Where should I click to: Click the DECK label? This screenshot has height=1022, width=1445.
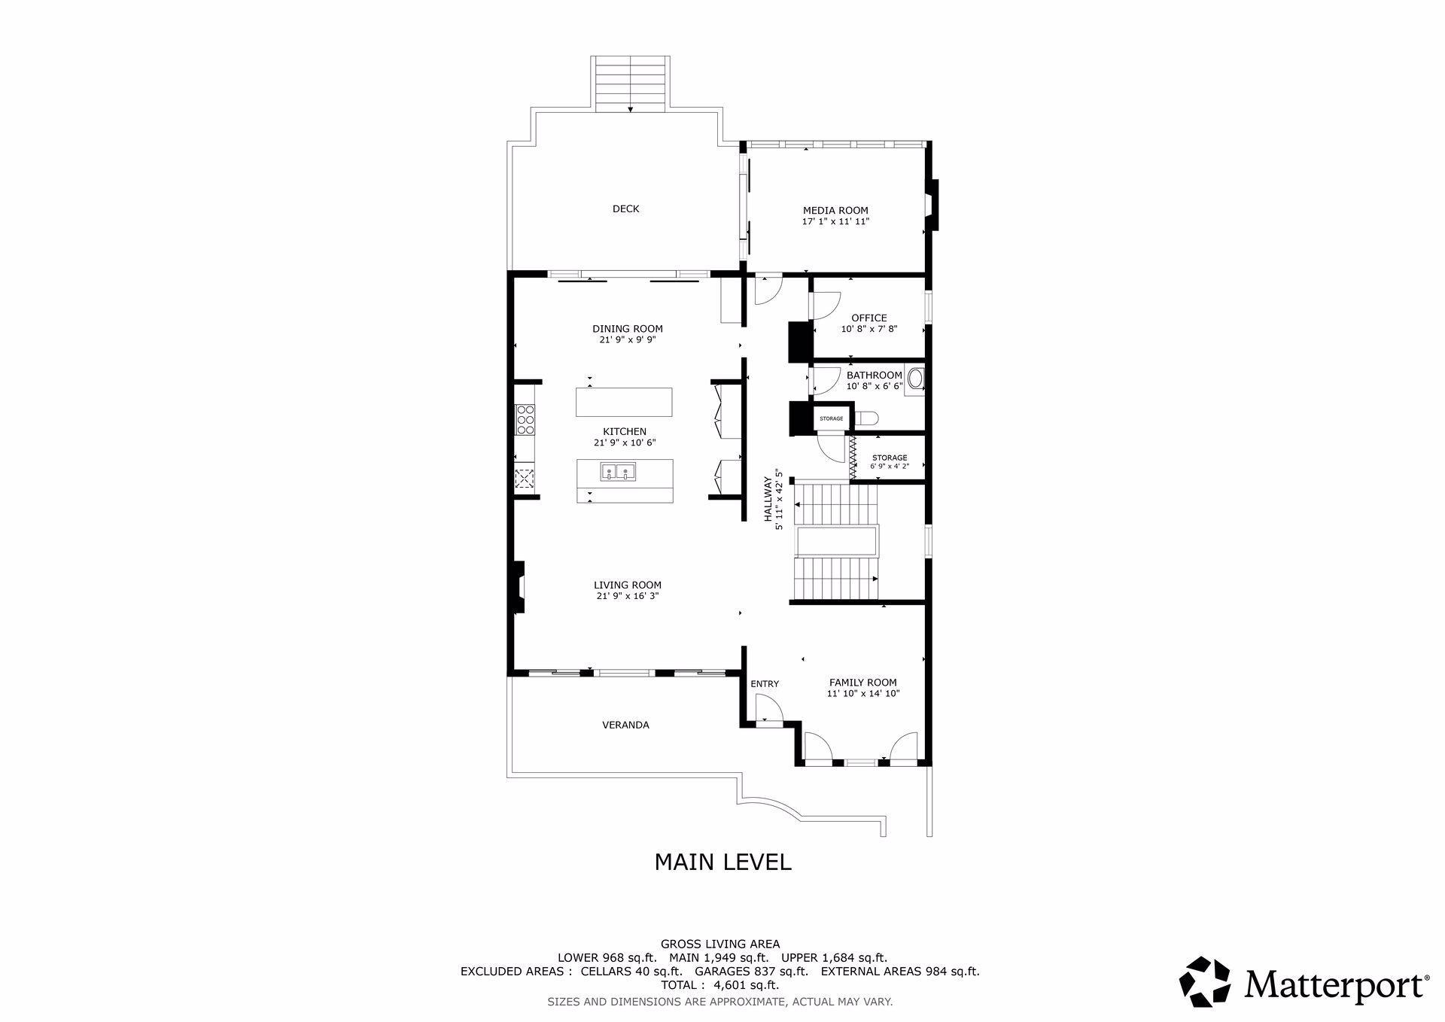pos(625,209)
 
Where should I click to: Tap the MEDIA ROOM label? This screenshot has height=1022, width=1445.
pos(835,211)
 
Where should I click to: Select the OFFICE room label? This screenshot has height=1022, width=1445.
pos(869,318)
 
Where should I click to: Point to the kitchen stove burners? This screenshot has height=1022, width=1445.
pos(525,419)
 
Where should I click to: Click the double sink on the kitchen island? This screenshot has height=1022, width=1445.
pos(618,472)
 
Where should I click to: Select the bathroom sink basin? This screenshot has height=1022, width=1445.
pos(915,379)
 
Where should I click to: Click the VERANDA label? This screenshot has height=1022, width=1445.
pos(625,725)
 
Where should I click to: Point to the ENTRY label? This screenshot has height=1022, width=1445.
pos(765,684)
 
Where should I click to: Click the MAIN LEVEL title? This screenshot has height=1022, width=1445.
pos(722,862)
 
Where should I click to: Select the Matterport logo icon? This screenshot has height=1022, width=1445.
pos(1204,982)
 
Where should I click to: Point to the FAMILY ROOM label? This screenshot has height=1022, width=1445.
pos(863,683)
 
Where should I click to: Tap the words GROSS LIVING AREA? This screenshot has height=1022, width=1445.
pos(720,944)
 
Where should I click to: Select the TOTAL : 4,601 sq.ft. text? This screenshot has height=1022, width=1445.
pos(719,985)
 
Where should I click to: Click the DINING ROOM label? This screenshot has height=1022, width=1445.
pos(628,329)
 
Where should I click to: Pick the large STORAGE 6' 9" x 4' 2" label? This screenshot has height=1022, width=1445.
pos(890,462)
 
